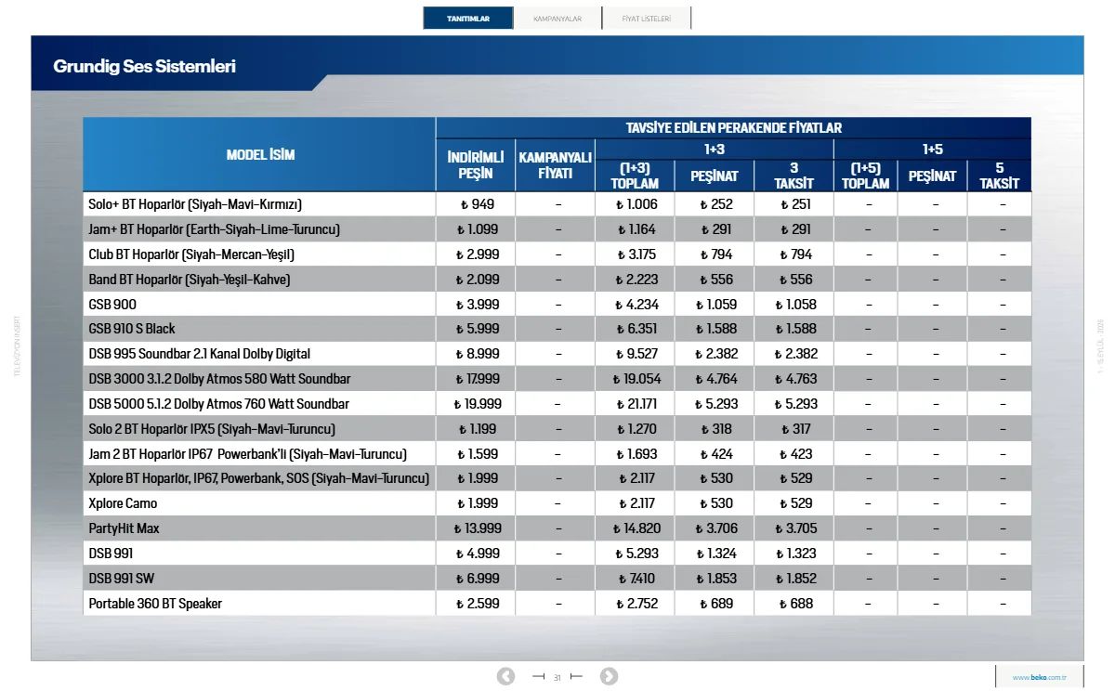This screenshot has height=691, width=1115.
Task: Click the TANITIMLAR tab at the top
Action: coord(468,19)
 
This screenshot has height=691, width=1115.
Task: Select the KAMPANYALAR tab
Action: coord(557,19)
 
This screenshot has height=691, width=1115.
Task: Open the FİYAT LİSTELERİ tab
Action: coord(646,19)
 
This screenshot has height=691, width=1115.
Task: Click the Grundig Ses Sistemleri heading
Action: coord(144,66)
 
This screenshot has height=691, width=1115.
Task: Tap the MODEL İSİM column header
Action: coord(260,155)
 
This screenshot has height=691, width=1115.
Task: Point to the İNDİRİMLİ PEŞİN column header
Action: coord(476,165)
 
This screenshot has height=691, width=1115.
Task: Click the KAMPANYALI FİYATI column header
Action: coord(555,165)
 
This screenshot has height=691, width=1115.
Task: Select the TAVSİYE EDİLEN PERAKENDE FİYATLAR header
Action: coord(734,128)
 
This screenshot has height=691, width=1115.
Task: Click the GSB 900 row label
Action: coord(112,304)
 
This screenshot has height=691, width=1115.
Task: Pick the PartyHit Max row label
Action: coord(124,528)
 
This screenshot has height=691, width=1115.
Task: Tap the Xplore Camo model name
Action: coord(123,503)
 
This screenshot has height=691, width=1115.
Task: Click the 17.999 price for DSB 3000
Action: coord(478,379)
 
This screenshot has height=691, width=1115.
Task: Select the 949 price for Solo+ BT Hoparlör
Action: coord(478,204)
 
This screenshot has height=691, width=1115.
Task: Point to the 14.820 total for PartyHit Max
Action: coord(636,528)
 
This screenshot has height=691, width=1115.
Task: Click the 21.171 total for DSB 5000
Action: coord(636,403)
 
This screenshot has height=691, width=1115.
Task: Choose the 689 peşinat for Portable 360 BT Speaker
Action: coord(716,604)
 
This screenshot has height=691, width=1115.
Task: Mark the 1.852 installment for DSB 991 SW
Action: coord(796,578)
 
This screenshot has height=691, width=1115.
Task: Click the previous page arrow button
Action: coord(505,676)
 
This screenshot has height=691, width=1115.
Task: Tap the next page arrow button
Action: coord(609,676)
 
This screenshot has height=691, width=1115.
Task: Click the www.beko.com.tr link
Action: coord(1040,677)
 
